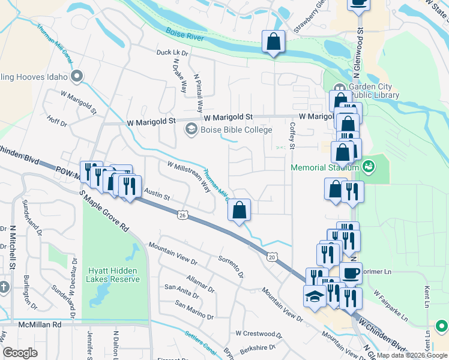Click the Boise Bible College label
237,130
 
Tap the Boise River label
184,37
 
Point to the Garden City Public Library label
373,91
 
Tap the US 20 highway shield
273,256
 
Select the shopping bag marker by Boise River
273,43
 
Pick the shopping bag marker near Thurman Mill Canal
239,210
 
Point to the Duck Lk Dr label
172,53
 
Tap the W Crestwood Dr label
259,334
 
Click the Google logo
20,353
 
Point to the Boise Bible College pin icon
191,129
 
